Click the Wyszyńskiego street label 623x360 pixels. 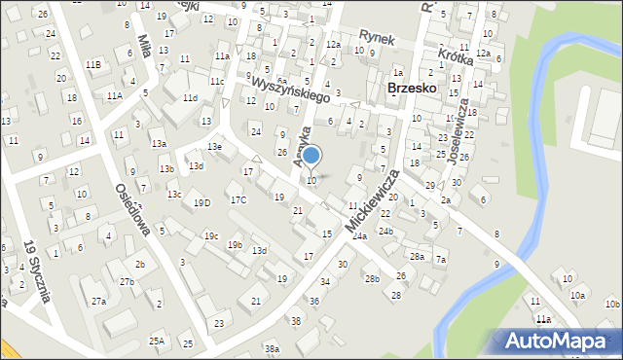point(290,90)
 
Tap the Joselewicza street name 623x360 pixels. point(458,129)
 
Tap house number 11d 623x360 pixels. point(190,98)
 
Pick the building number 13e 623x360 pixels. point(214,147)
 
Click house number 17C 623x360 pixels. point(238,199)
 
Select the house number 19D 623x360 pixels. point(202,202)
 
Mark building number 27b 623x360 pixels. point(127,281)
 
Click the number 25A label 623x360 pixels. point(156,341)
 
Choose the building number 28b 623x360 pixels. point(372,278)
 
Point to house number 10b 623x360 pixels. point(611,305)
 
